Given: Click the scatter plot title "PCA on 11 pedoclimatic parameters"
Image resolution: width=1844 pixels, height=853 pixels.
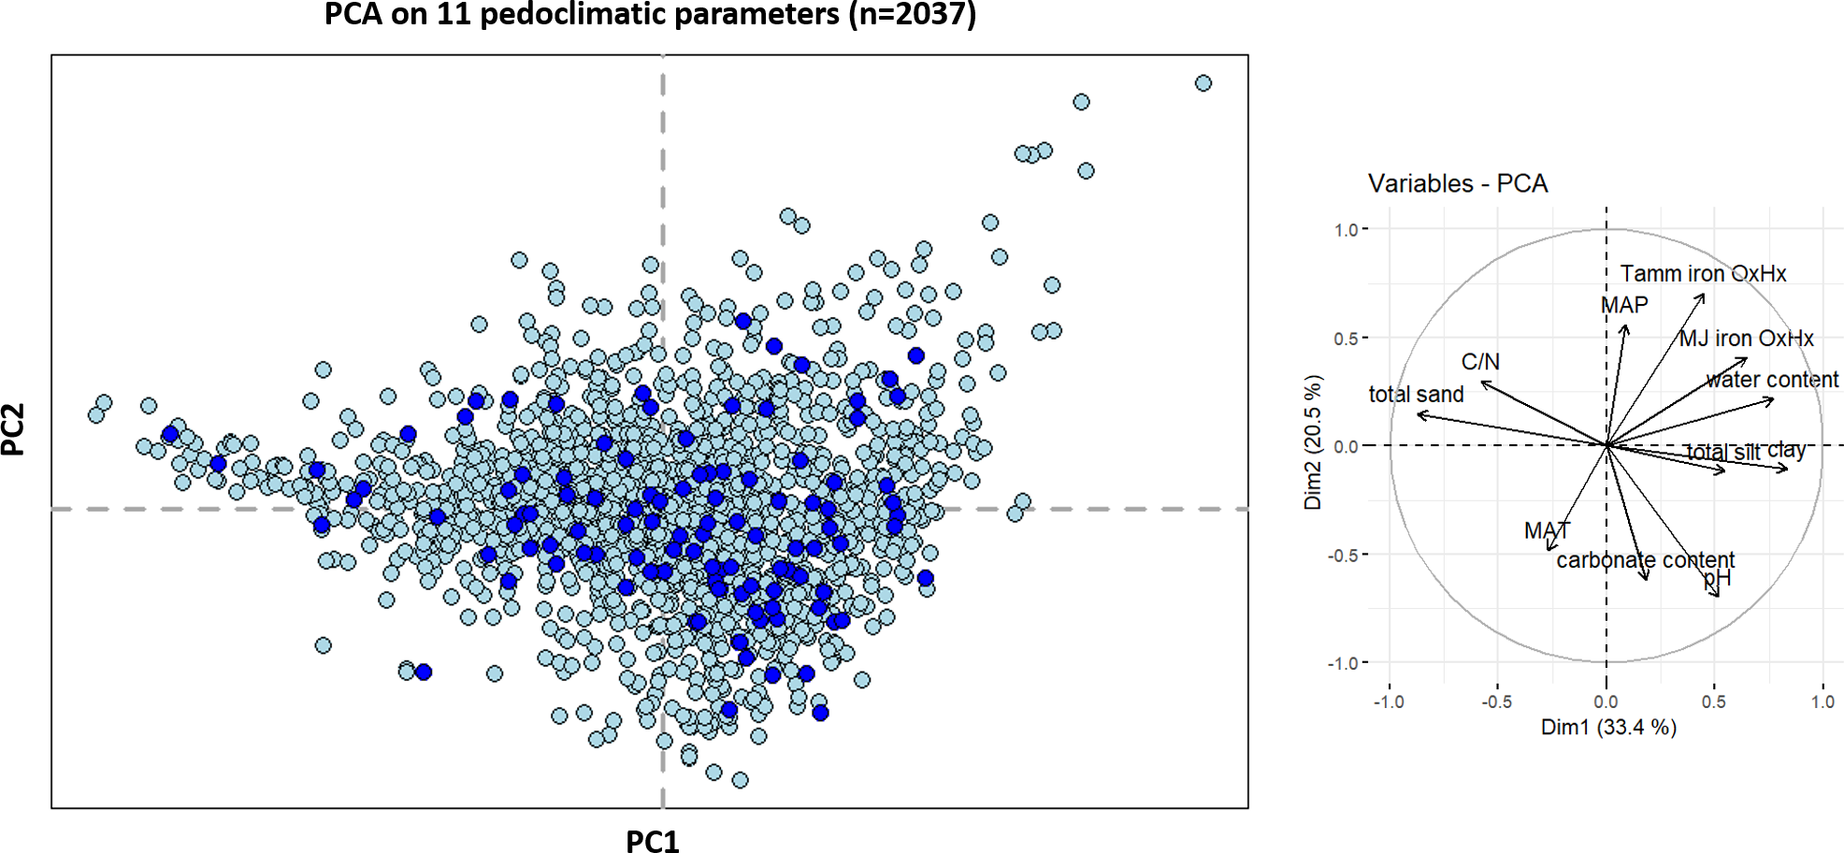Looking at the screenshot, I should tap(650, 15).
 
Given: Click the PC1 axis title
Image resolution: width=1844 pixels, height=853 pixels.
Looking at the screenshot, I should tap(652, 841).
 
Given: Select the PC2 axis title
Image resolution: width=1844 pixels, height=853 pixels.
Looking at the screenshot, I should tap(13, 429).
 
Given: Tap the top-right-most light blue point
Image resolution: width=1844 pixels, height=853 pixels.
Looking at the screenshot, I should tap(1203, 83).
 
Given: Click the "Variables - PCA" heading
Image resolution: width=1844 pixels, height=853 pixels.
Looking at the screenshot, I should tap(1457, 183).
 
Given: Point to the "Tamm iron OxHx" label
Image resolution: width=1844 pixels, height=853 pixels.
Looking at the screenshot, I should tap(1702, 274).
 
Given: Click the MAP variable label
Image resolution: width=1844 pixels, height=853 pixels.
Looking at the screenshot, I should tap(1624, 306).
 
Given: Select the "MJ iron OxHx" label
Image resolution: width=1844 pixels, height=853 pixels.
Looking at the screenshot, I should tap(1746, 339).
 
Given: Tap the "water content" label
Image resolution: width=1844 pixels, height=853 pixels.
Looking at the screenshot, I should tap(1771, 380).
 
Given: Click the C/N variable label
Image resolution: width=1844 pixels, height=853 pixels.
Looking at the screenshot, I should tap(1480, 362).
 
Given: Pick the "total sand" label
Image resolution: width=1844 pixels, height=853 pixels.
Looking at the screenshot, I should tap(1416, 395).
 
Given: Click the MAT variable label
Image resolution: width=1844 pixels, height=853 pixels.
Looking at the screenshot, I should tap(1547, 531).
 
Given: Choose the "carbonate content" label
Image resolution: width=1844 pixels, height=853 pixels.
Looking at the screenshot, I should tap(1645, 560).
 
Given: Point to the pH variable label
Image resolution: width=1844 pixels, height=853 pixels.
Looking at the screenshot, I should tap(1718, 579).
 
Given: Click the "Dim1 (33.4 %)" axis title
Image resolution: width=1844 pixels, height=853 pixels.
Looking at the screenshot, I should tap(1608, 727).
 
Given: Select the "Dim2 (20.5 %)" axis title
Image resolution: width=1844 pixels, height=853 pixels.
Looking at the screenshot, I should tap(1314, 442).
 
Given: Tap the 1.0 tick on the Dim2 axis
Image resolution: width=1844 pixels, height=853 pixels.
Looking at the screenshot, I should tap(1347, 230).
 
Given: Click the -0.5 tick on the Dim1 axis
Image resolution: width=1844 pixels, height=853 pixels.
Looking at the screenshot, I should tap(1496, 701).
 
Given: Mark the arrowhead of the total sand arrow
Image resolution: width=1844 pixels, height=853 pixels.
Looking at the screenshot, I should tap(1419, 413).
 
